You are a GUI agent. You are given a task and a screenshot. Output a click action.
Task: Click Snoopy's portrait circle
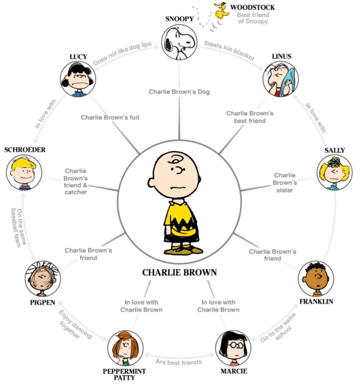coord(179,42)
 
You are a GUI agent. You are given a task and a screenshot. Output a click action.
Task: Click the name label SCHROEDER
coord(25,150)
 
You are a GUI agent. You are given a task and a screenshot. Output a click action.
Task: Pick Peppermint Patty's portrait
coord(125,348)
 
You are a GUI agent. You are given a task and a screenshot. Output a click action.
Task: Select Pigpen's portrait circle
coord(43,279)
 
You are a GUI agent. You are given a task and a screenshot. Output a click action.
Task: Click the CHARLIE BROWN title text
coord(180,273)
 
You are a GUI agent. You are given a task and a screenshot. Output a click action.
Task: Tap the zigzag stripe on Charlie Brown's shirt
coord(180,225)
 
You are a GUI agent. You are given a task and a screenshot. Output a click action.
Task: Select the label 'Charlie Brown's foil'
coord(110,117)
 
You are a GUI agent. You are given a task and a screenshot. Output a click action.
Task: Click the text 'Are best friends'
coord(179,362)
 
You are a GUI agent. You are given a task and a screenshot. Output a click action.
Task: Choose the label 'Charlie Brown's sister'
coord(285,183)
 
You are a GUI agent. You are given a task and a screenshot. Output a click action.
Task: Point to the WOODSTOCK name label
coord(253,7)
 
